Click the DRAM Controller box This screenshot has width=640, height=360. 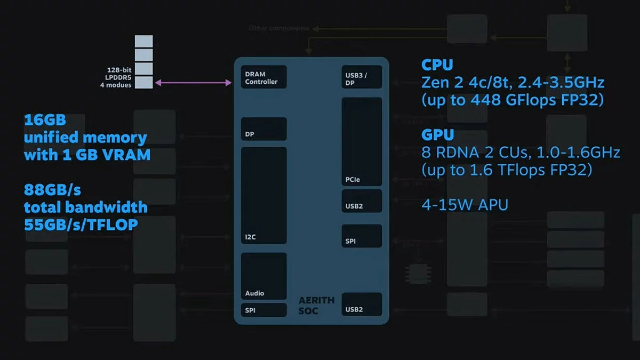tap(263, 77)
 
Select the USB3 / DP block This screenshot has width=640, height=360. tap(362, 77)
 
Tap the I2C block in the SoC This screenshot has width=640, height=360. tap(263, 195)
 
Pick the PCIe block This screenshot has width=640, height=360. tap(362, 142)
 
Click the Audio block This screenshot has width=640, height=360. tap(263, 276)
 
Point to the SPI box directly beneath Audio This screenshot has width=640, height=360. tap(263, 310)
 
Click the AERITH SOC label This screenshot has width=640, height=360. tap(316, 305)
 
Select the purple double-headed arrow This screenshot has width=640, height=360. tap(193, 83)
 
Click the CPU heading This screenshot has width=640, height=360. tap(437, 65)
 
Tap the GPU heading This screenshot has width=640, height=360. tap(437, 134)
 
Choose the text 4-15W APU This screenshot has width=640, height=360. tap(465, 204)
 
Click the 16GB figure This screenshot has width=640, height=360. tap(45, 119)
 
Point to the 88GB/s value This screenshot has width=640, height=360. tap(52, 190)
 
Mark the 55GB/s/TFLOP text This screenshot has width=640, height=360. tap(81, 225)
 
